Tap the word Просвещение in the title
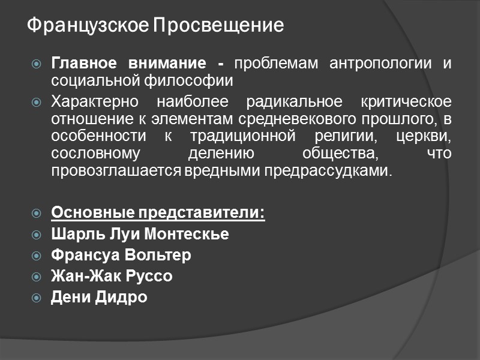[218, 26]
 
